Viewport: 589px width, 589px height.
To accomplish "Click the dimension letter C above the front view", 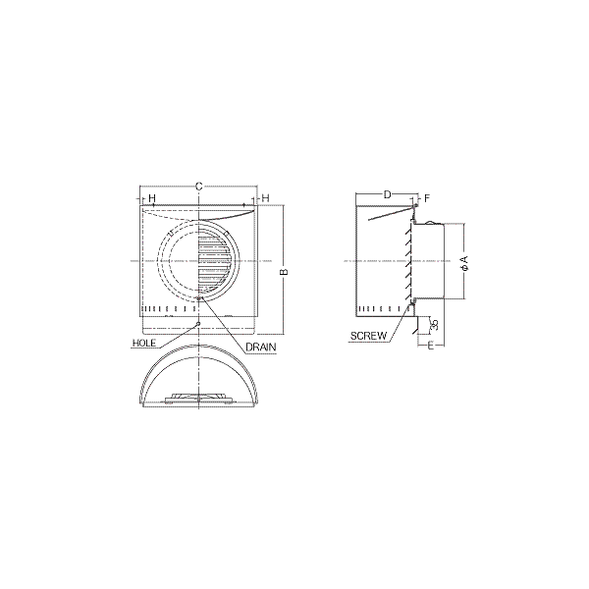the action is [199, 186].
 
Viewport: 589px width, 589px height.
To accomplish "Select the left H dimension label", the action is [152, 198].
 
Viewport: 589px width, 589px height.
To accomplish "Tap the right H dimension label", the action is [266, 198].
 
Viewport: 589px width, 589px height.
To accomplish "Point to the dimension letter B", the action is [285, 271].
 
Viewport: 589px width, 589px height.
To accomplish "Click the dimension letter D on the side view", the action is [388, 194].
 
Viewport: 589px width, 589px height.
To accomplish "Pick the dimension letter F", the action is [427, 198].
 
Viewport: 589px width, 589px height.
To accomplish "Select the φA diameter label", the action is [464, 263].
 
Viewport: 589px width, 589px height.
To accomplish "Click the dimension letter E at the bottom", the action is [431, 346].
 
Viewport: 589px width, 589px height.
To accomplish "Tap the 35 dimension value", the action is [435, 324].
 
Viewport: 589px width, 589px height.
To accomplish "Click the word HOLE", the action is [144, 343].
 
